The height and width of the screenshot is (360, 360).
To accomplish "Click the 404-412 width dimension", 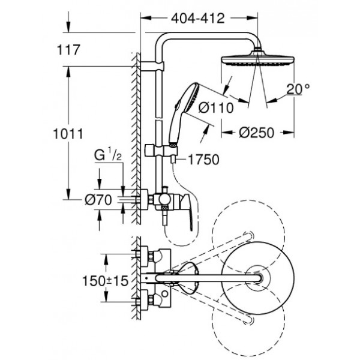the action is (197, 18).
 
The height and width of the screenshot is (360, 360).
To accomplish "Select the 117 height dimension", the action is (68, 50).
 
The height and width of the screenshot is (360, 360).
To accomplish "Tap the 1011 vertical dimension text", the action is (68, 134).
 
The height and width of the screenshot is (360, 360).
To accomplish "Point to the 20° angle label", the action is (298, 89).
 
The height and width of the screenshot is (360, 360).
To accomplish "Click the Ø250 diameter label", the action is (256, 133).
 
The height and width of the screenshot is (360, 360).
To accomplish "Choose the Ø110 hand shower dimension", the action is (216, 107).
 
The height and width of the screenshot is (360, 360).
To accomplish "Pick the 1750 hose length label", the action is (203, 160).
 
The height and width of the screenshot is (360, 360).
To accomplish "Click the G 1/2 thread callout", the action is (108, 155).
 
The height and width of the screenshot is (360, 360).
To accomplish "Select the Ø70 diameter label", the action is (98, 200).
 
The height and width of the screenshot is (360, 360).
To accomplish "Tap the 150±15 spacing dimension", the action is (105, 281).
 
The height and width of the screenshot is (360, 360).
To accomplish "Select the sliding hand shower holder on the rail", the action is (161, 151).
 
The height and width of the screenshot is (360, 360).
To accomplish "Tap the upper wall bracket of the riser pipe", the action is (152, 66).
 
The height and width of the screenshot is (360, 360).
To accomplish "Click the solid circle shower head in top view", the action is (258, 278).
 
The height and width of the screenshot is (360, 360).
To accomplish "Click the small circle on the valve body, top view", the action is (164, 293).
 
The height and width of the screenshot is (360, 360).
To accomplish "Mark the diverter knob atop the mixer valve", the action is (164, 190).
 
